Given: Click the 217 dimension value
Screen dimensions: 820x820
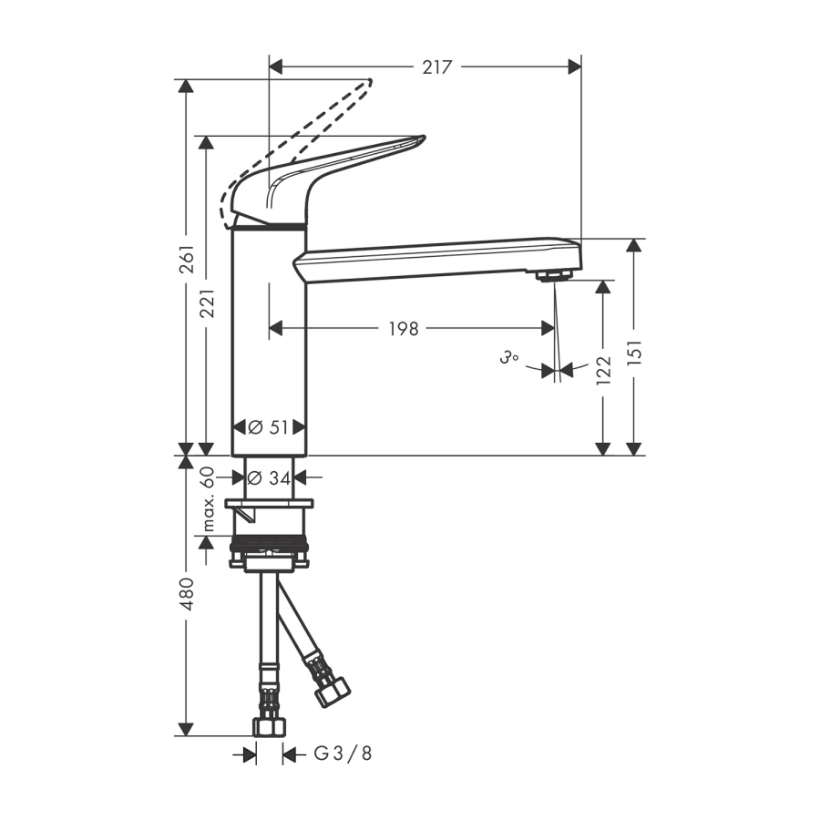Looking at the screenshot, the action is (x=436, y=67).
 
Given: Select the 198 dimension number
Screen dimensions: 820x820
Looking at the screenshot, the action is (x=404, y=329).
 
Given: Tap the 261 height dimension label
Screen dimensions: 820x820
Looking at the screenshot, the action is (x=187, y=259).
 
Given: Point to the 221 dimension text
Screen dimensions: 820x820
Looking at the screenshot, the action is (x=207, y=303).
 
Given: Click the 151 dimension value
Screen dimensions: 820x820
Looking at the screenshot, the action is (x=634, y=352).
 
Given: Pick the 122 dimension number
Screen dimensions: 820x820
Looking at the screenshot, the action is (x=604, y=370).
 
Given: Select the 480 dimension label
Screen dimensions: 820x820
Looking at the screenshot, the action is (x=187, y=594).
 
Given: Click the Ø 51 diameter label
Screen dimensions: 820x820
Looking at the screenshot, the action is (x=268, y=428).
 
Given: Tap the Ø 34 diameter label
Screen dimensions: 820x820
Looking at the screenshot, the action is (x=269, y=477).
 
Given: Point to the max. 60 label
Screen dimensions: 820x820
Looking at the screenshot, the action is (x=208, y=498).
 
